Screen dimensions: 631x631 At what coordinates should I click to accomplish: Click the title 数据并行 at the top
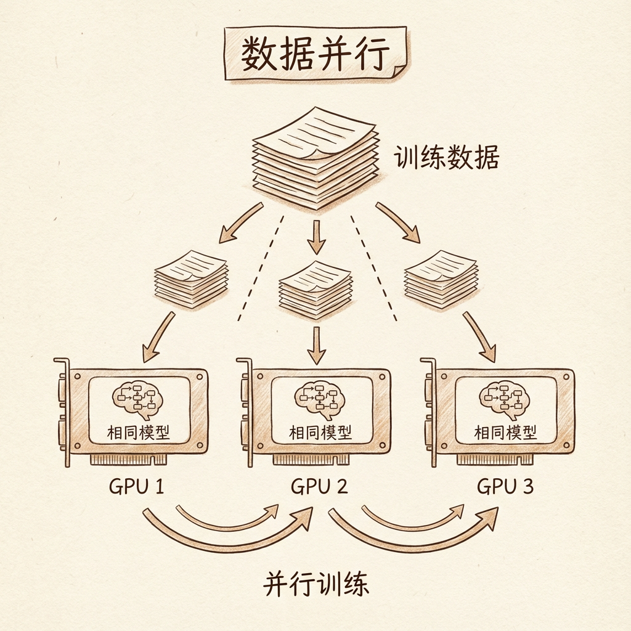click(314, 56)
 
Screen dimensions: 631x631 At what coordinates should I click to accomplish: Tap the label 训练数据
click(446, 158)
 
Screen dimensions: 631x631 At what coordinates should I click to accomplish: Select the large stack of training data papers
click(315, 158)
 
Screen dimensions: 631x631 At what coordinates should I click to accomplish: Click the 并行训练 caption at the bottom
click(316, 584)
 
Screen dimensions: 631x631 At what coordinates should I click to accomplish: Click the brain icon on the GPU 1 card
click(137, 399)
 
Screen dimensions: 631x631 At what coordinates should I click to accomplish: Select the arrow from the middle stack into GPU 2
click(316, 345)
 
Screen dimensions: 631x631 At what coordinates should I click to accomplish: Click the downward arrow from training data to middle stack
click(316, 237)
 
